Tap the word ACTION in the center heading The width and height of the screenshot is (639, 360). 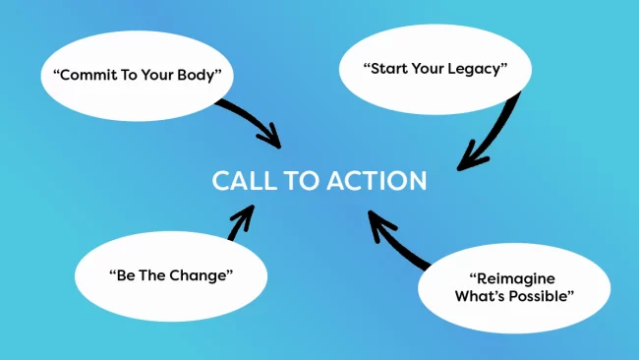click(x=378, y=182)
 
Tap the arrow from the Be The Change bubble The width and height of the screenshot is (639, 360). click(x=240, y=223)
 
